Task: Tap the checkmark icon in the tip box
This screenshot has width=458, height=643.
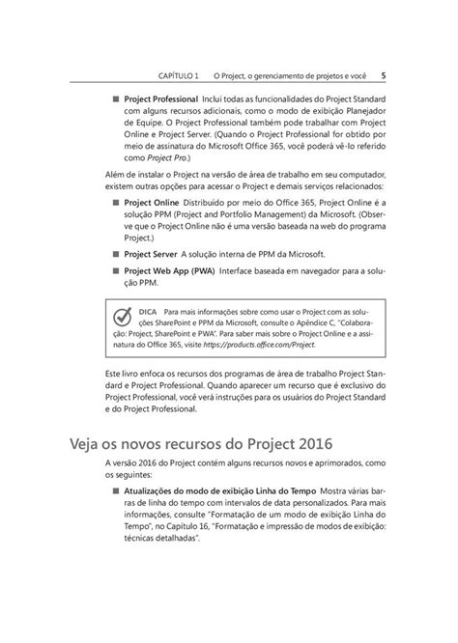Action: coord(123,320)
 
